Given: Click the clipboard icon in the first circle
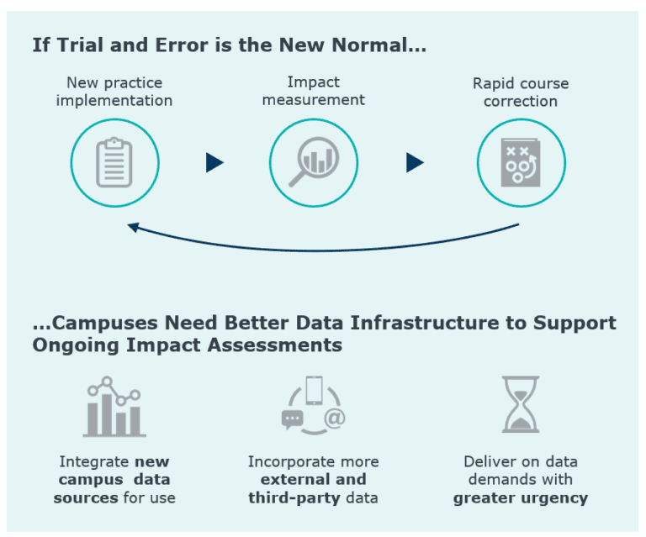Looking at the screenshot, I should click(x=114, y=163).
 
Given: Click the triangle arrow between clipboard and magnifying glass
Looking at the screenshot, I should click(x=214, y=163).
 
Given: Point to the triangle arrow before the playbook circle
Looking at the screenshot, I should click(x=415, y=163).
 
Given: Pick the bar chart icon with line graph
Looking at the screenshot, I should click(x=114, y=407).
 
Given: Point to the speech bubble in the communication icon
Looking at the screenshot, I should click(x=292, y=418).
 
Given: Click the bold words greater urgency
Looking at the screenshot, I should click(x=520, y=498).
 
